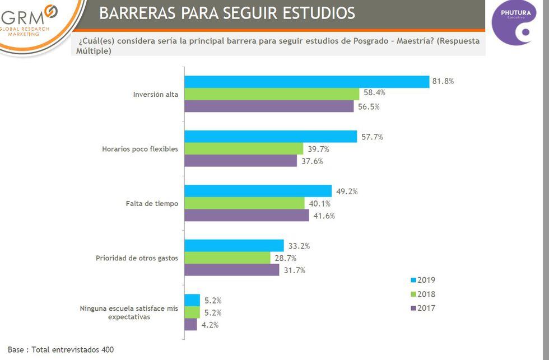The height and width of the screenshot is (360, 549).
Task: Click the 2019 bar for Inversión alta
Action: [306, 81]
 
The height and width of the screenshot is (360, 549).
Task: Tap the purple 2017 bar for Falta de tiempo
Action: [246, 215]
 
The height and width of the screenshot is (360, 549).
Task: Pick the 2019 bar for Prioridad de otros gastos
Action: [234, 246]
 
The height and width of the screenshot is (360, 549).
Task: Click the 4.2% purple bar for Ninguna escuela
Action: [190, 325]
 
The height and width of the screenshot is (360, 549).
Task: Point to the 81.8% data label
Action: [443, 81]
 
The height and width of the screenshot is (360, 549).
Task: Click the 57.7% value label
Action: [372, 137]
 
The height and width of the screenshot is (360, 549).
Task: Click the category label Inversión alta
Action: [155, 94]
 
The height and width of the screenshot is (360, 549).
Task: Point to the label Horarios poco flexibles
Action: [140, 149]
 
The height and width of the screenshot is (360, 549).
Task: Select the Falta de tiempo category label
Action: [152, 203]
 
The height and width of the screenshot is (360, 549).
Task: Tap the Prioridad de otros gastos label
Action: [137, 258]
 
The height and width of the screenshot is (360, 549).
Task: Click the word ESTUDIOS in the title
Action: [311, 13]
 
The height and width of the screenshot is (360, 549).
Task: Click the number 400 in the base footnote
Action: [108, 350]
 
